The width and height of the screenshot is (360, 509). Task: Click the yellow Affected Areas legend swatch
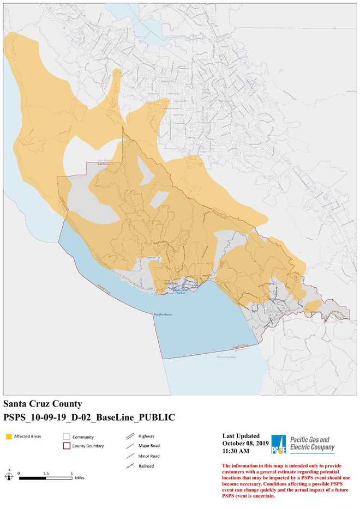(x=9, y=437)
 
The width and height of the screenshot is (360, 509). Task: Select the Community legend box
(x=67, y=437)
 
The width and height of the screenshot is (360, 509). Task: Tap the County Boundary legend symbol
(x=67, y=446)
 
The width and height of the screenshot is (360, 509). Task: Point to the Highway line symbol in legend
(x=129, y=437)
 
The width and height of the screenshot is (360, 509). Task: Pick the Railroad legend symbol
(x=129, y=466)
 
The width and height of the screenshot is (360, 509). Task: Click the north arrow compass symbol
(x=9, y=475)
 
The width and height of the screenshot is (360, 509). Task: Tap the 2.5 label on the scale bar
(x=46, y=473)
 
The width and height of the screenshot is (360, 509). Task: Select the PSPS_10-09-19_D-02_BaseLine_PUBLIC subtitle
(x=89, y=417)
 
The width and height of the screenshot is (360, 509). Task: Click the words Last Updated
(x=241, y=436)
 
